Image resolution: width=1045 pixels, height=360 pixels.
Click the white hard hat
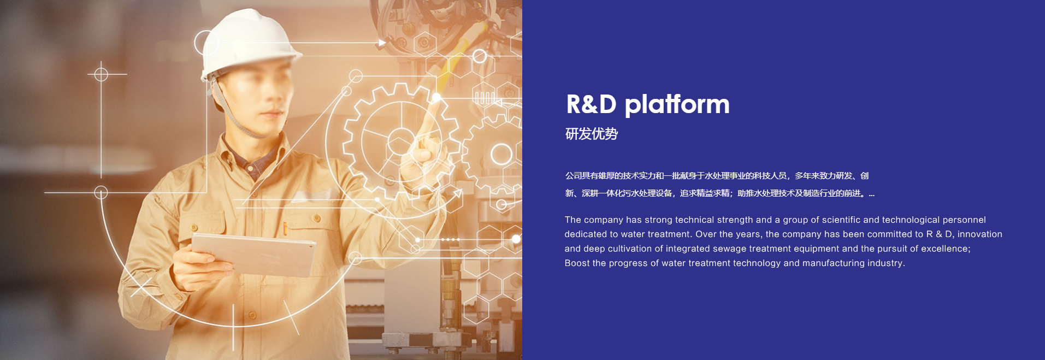pos(249,44)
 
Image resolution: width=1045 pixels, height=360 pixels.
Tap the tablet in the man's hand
pos(254,255)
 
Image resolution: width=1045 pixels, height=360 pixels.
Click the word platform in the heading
pos(677,105)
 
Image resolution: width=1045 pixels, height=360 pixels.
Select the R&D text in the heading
pos(591,104)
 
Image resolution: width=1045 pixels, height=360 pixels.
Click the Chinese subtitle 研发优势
pos(592,134)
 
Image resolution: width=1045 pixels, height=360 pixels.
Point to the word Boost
pos(577,263)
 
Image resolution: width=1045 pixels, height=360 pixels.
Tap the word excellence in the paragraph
pos(946,249)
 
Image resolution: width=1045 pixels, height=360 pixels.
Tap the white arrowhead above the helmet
pos(382,43)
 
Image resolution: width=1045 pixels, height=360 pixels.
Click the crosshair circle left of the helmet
pos(101,74)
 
